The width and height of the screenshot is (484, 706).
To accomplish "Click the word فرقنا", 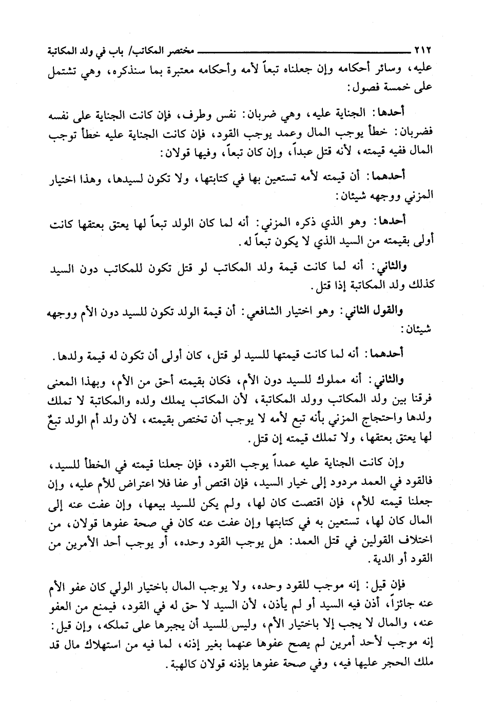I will pos(419,398).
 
